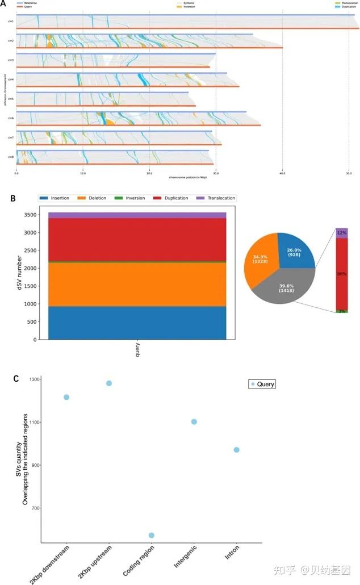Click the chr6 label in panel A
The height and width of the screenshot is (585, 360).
[11, 118]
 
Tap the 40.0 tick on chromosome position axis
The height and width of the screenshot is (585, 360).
[282, 174]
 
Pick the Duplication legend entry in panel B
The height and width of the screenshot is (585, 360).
[173, 198]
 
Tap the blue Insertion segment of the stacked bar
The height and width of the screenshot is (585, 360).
[137, 323]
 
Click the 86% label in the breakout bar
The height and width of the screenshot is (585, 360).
[341, 274]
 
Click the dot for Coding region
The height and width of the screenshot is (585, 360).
[152, 535]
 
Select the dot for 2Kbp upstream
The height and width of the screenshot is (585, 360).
[109, 383]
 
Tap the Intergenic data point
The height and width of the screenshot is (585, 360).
[194, 421]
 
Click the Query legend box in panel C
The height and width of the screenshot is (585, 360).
[262, 385]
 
